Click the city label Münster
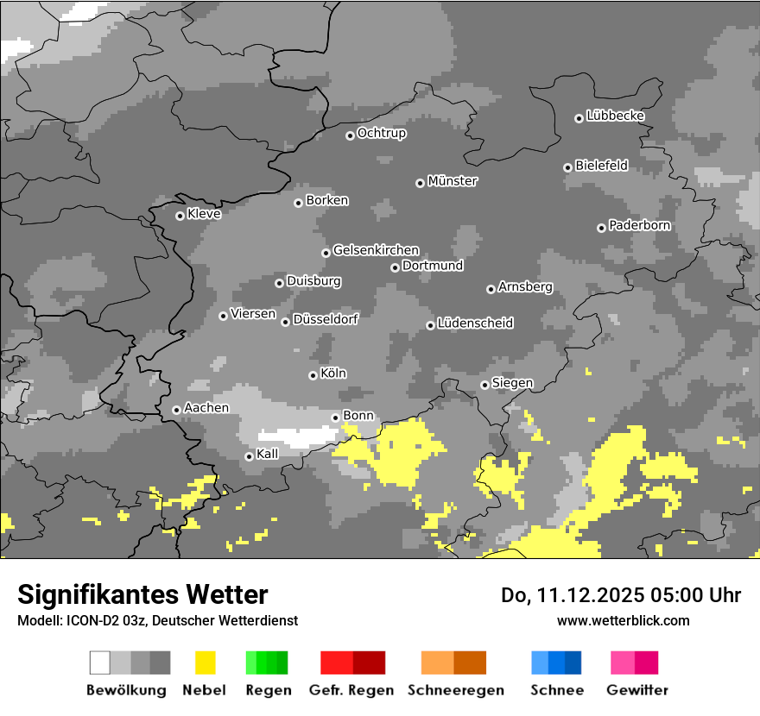coord(453,181)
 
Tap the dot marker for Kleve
coord(180,216)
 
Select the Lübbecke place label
coord(615,116)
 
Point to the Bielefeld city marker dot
coord(567,167)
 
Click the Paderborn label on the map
coord(640,225)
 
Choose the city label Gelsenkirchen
coord(376,250)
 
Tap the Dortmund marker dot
coord(395,267)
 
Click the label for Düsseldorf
coord(326,319)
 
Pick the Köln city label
coord(333,374)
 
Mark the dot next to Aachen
coord(176,410)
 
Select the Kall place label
coord(268,453)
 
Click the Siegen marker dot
coord(484,385)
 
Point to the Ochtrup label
coord(382,133)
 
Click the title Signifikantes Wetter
coord(142,594)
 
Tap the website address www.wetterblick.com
coord(623,620)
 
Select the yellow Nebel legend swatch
coord(206,663)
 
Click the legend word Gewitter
coord(636,690)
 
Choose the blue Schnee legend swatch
coord(556,663)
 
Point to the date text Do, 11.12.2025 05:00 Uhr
coord(621,595)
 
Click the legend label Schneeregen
coord(456,690)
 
